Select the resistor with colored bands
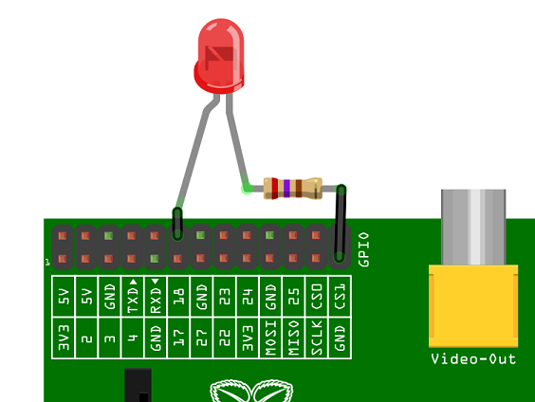click(292, 188)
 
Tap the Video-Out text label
click(473, 358)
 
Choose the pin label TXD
click(133, 297)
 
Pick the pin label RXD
click(156, 297)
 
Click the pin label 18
click(178, 297)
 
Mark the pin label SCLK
click(317, 338)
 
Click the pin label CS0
click(317, 297)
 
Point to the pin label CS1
click(340, 297)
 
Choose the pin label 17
click(178, 338)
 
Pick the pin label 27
click(201, 338)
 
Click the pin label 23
click(225, 297)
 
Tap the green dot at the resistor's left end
click(248, 188)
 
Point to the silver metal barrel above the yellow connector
click(473, 228)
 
